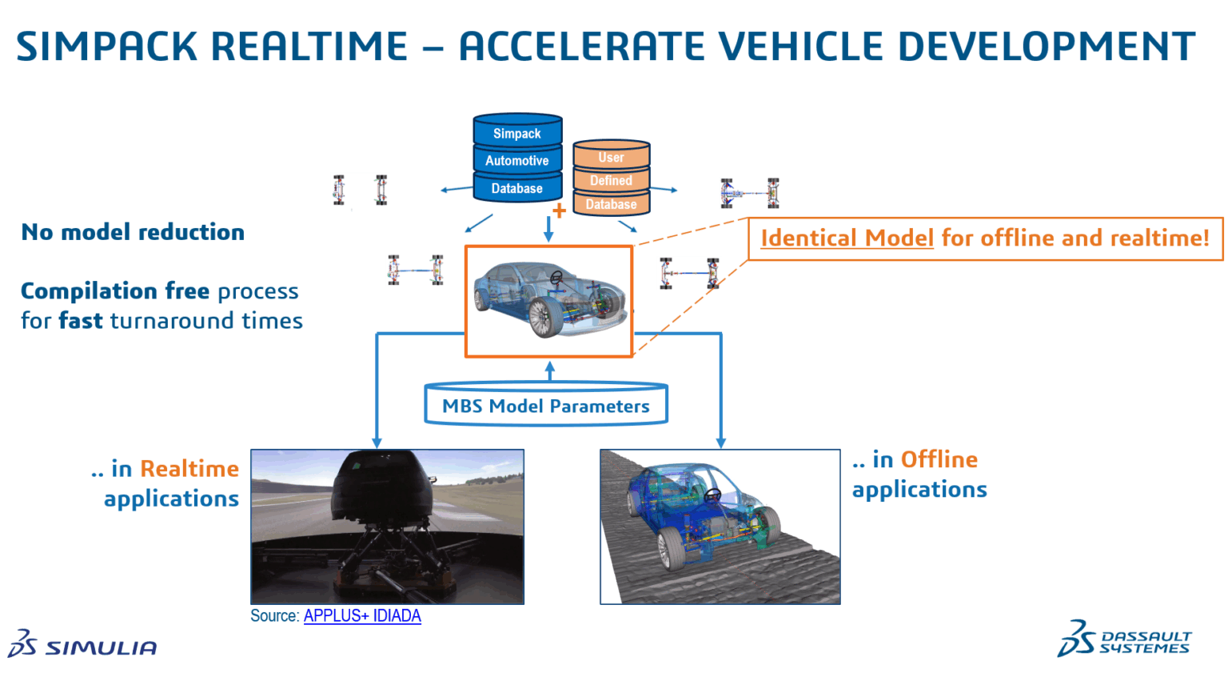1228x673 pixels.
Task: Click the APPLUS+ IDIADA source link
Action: pyautogui.click(x=362, y=616)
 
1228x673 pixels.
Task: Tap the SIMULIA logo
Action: pyautogui.click(x=83, y=645)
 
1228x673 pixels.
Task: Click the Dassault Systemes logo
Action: pyautogui.click(x=1124, y=639)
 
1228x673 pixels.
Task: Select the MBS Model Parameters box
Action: pyautogui.click(x=546, y=406)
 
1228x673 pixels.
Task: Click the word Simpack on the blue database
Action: pyautogui.click(x=516, y=134)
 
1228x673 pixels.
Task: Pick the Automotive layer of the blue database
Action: pyautogui.click(x=516, y=161)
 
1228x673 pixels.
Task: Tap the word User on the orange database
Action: pyautogui.click(x=611, y=158)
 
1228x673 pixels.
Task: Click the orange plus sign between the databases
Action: pyautogui.click(x=560, y=211)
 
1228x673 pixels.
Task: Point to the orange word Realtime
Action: pyautogui.click(x=189, y=469)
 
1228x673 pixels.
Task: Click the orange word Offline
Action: pyautogui.click(x=939, y=459)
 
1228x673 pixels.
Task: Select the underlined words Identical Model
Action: pyautogui.click(x=847, y=238)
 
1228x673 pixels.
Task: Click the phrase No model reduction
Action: pyautogui.click(x=133, y=232)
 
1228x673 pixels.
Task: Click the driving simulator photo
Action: pyautogui.click(x=387, y=526)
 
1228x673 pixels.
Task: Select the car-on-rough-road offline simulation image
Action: pyautogui.click(x=720, y=526)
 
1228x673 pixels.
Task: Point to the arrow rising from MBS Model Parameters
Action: pyautogui.click(x=549, y=371)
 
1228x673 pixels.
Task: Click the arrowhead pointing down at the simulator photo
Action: pyautogui.click(x=377, y=442)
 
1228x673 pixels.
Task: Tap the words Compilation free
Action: pyautogui.click(x=114, y=290)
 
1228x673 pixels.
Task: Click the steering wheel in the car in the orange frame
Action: pyautogui.click(x=556, y=278)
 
